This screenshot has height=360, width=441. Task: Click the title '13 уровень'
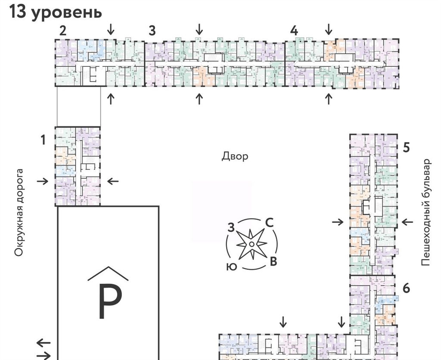click(x=56, y=12)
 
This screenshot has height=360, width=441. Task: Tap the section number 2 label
click(x=63, y=31)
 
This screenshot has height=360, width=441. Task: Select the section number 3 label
click(x=152, y=31)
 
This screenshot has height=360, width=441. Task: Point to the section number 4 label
click(x=294, y=31)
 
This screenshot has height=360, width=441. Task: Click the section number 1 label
click(x=43, y=140)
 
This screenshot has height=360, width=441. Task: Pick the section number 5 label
click(x=406, y=147)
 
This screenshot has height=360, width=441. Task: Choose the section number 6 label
click(x=406, y=288)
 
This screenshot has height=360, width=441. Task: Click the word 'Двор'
click(x=235, y=156)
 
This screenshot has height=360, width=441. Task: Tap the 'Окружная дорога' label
click(x=19, y=213)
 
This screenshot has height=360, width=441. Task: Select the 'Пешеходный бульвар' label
click(x=425, y=212)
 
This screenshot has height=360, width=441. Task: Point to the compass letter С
click(x=269, y=222)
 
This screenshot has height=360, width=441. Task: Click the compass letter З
click(x=231, y=228)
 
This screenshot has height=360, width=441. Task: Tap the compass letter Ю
click(x=231, y=266)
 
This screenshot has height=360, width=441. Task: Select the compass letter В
click(x=273, y=261)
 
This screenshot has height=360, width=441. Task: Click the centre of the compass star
click(x=251, y=244)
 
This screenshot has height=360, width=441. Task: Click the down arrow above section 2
click(x=111, y=29)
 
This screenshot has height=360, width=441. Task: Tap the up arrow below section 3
click(x=199, y=99)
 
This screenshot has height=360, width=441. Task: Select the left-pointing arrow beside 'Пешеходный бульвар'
click(x=407, y=222)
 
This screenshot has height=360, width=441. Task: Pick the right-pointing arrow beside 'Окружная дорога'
click(x=43, y=181)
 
